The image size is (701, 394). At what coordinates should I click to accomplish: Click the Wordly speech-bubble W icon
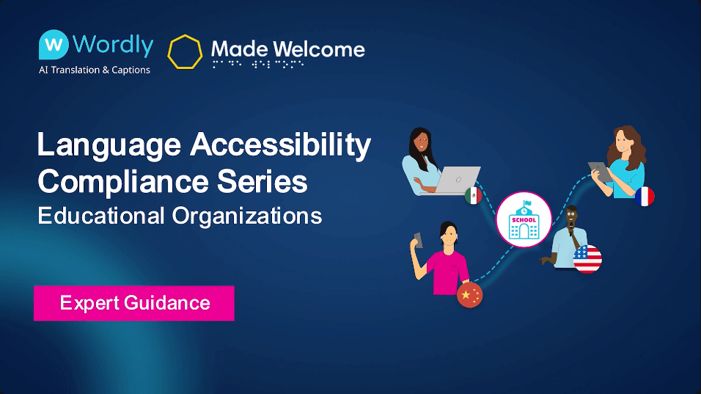pyautogui.click(x=54, y=45)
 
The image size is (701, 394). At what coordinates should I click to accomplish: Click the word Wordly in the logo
pyautogui.click(x=113, y=45)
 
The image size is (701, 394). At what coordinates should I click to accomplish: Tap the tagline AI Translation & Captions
pyautogui.click(x=94, y=70)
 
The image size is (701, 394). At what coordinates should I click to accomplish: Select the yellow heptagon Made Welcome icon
pyautogui.click(x=185, y=51)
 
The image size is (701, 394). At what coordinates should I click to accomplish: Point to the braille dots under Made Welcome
pyautogui.click(x=257, y=65)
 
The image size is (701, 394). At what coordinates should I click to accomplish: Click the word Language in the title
pyautogui.click(x=109, y=145)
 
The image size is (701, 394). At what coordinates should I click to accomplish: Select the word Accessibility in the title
pyautogui.click(x=280, y=145)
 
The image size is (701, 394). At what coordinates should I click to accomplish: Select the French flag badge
pyautogui.click(x=645, y=196)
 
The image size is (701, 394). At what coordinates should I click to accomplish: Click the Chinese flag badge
pyautogui.click(x=470, y=296)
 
